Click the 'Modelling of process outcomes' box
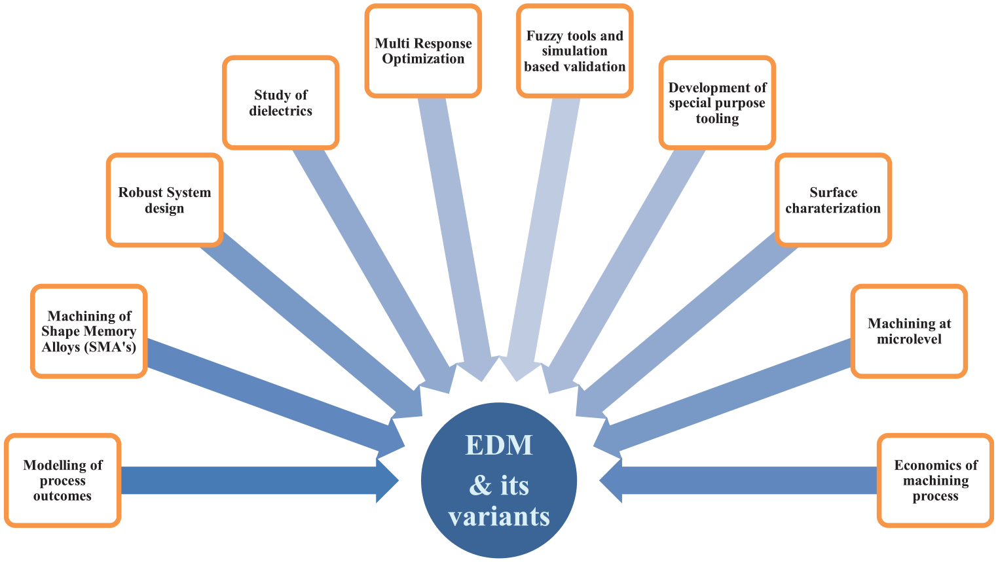tap(62, 480)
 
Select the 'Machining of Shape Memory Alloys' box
tap(88, 331)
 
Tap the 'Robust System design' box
tap(164, 200)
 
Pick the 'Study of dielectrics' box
tap(281, 102)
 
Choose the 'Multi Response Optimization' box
tap(423, 51)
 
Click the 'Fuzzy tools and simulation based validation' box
tap(575, 51)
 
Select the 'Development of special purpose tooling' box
tap(717, 102)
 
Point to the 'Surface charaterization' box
tap(833, 200)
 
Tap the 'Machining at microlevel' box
tap(909, 331)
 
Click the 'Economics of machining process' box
tap(936, 480)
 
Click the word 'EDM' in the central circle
tap(499, 444)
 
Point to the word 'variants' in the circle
tap(499, 517)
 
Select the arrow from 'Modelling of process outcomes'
tap(260, 481)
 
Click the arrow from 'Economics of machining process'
tap(738, 481)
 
